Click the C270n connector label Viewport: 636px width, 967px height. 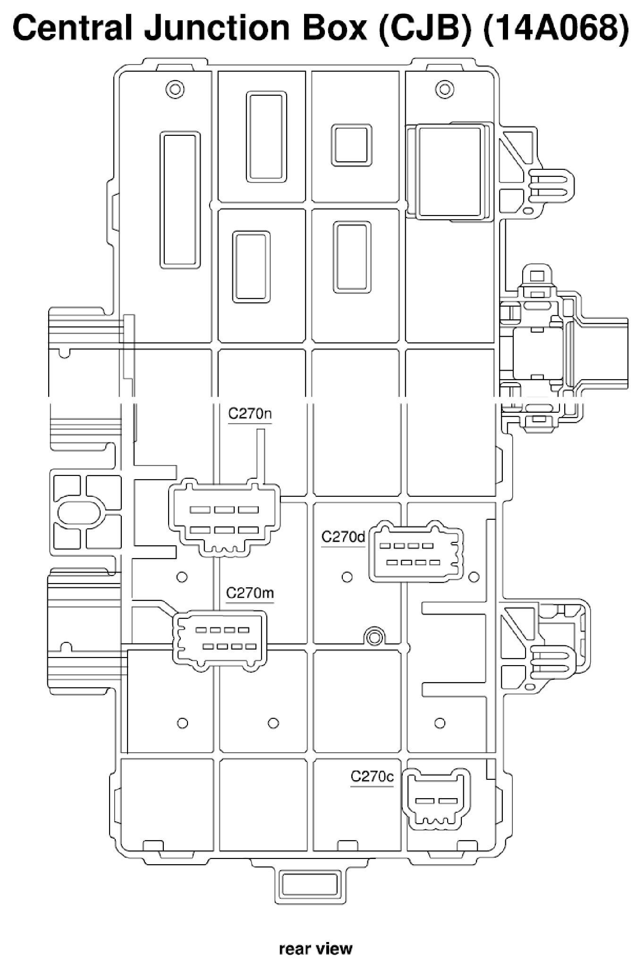pos(250,414)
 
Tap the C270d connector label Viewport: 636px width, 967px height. pos(343,537)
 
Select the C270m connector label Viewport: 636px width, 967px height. pos(250,592)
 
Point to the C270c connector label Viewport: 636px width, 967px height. pos(372,776)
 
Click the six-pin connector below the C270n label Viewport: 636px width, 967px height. pos(224,518)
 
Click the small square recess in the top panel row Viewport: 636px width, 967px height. pos(351,145)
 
